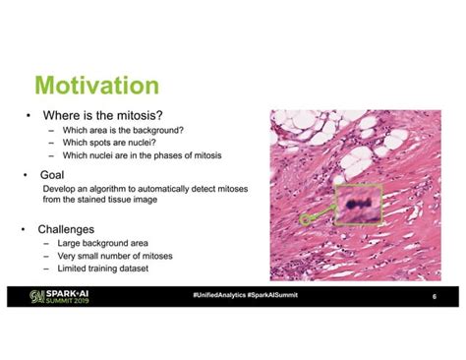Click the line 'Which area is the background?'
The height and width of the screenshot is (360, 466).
(123, 131)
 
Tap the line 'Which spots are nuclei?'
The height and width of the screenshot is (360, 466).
(110, 143)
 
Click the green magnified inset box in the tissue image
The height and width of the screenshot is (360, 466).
(356, 205)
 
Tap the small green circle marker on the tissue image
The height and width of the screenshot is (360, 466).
(305, 220)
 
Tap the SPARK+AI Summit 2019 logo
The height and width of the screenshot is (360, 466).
(63, 296)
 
